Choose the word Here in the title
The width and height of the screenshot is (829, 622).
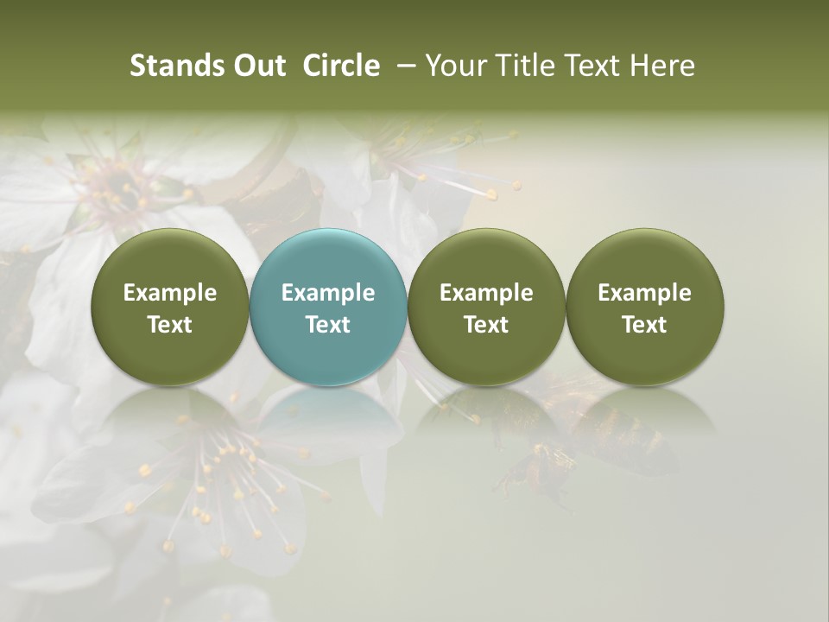(x=662, y=66)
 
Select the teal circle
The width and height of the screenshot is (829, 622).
(x=328, y=307)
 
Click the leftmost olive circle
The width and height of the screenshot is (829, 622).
(x=170, y=307)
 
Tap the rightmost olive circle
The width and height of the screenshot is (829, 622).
(x=645, y=307)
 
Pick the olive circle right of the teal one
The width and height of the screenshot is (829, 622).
(x=486, y=307)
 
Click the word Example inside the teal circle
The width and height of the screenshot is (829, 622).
(x=328, y=293)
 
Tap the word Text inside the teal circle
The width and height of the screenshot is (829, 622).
(x=328, y=325)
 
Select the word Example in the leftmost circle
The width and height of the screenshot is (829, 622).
(x=170, y=293)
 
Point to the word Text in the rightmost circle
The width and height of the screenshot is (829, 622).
(x=645, y=325)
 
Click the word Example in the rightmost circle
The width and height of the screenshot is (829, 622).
(x=645, y=293)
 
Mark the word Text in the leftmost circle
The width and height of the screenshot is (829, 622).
(x=170, y=325)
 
